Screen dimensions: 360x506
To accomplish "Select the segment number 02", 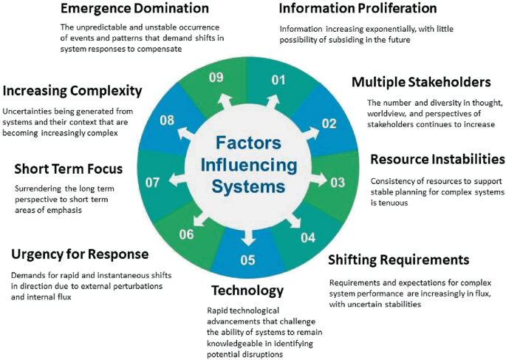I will (x=329, y=123).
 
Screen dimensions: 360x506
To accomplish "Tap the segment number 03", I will (x=338, y=182).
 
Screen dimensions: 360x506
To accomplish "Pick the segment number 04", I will (x=307, y=237).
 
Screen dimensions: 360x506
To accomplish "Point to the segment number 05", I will (x=247, y=259).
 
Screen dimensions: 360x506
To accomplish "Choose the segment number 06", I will (x=188, y=234).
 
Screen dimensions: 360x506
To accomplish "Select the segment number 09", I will (x=216, y=78).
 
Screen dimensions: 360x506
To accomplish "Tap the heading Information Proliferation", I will (x=358, y=10).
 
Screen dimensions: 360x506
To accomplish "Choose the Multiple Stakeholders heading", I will (x=421, y=82).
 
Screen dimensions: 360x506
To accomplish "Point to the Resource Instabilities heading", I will (x=437, y=160).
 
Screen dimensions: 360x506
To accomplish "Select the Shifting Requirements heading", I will (x=398, y=259).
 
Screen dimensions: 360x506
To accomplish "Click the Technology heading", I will (x=247, y=289).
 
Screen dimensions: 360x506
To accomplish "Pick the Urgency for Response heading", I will (x=80, y=254).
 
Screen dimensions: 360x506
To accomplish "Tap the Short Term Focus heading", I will (x=68, y=169).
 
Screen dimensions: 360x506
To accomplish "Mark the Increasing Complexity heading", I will (x=72, y=91).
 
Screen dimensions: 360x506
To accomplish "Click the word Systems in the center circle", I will (x=247, y=188).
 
